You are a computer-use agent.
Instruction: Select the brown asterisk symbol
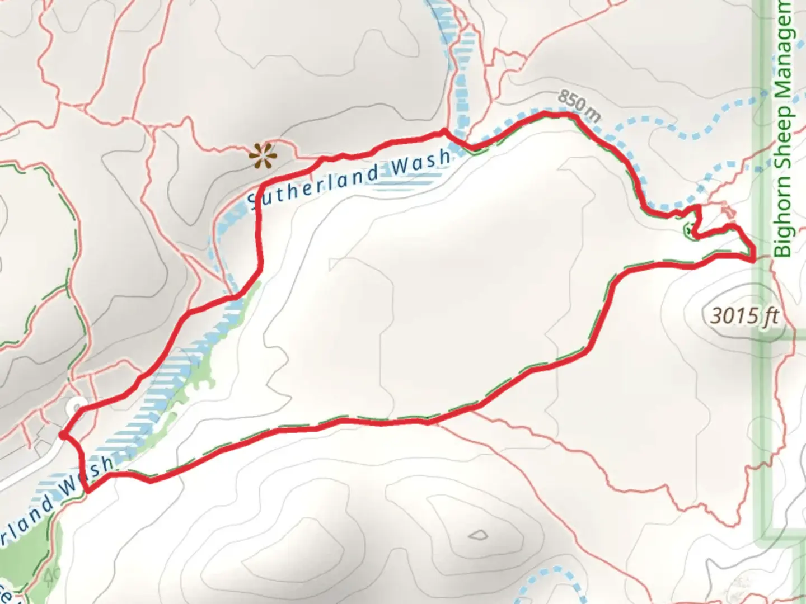263,155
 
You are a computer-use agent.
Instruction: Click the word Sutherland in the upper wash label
311,185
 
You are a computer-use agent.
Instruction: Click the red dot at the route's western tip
63,435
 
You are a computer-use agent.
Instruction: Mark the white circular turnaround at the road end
76,407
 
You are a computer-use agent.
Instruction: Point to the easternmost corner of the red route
755,258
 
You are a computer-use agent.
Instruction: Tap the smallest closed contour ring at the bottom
477,535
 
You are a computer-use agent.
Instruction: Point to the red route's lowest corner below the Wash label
87,491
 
